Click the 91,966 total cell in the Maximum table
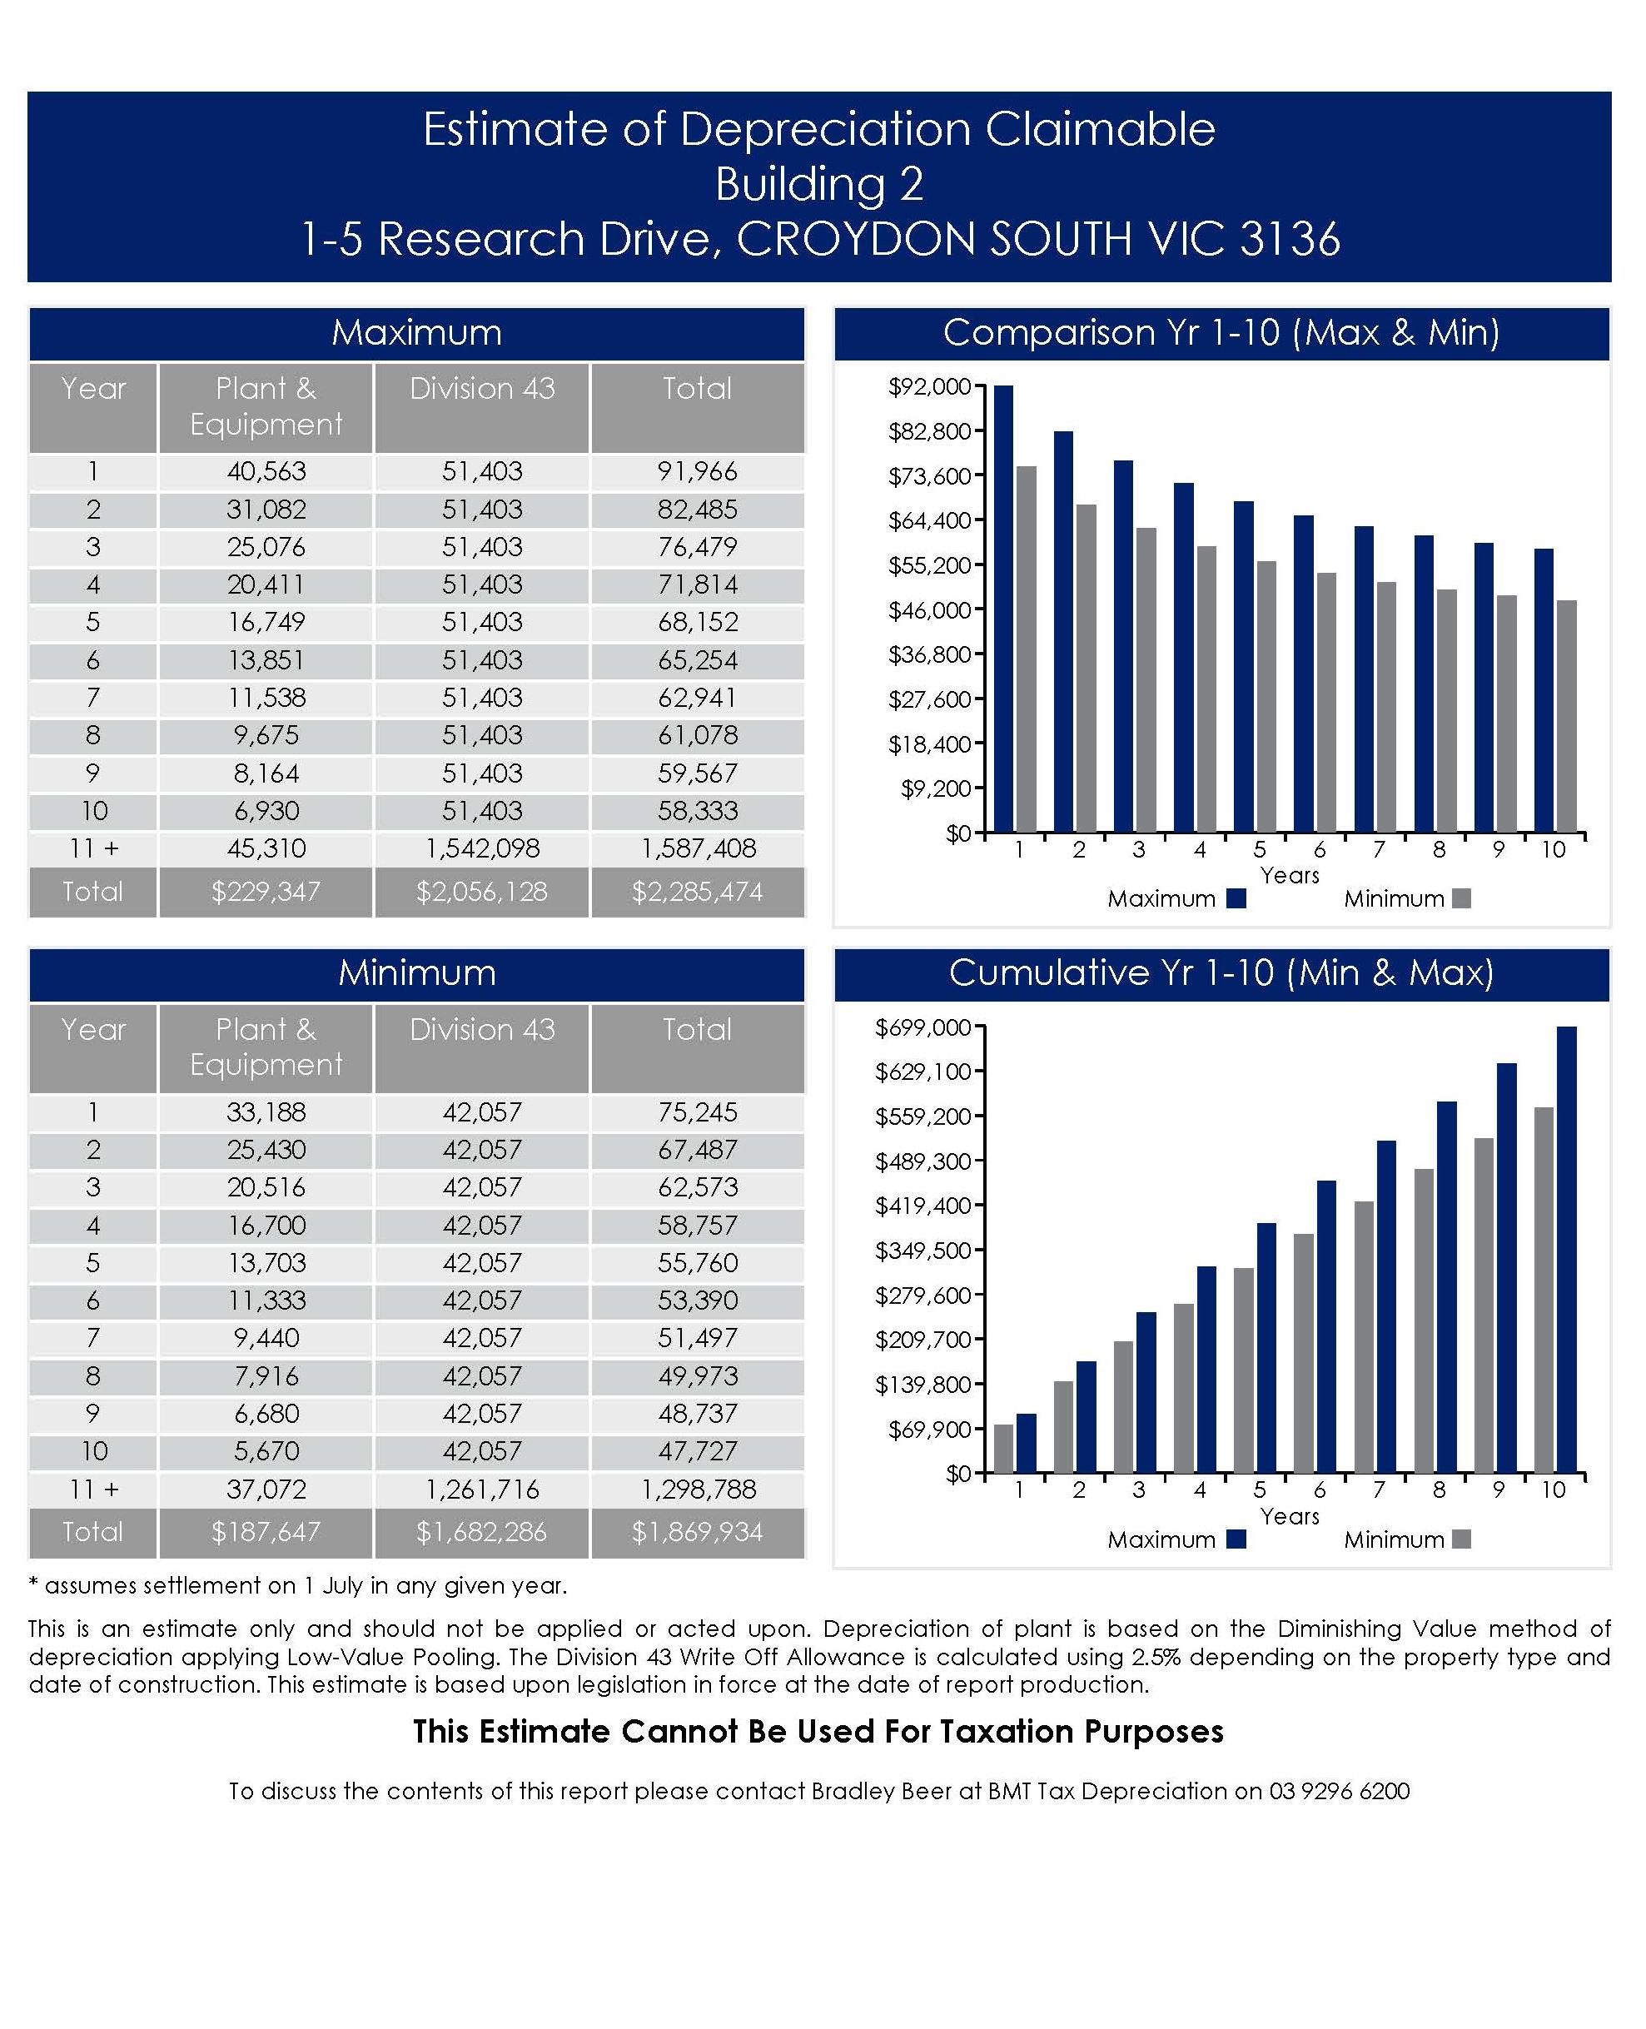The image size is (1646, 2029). click(x=697, y=471)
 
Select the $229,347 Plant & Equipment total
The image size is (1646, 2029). click(x=266, y=891)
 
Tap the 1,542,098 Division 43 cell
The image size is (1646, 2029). click(x=482, y=848)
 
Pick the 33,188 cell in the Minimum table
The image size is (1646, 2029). click(x=266, y=1111)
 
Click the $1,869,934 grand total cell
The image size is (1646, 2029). click(x=697, y=1531)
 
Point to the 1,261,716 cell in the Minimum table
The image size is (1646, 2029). click(x=482, y=1489)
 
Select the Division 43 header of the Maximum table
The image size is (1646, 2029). click(x=482, y=389)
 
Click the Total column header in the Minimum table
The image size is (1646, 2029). click(x=697, y=1029)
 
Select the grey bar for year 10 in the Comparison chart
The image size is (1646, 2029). click(x=1566, y=716)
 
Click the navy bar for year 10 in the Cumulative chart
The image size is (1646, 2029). click(x=1566, y=1250)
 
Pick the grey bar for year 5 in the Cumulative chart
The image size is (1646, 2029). click(x=1243, y=1370)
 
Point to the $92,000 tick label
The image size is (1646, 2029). click(x=929, y=387)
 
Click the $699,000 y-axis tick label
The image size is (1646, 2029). click(x=922, y=1027)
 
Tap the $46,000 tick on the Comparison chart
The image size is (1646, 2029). click(x=929, y=609)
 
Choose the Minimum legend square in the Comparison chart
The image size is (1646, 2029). click(x=1461, y=898)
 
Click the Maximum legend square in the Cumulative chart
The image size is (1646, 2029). click(x=1236, y=1539)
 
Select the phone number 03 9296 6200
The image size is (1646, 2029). click(x=1339, y=1790)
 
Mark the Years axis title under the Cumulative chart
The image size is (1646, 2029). click(x=1289, y=1515)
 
